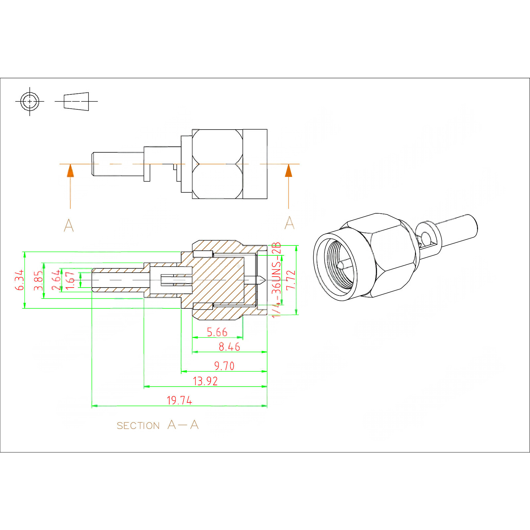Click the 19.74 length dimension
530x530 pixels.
tap(179, 400)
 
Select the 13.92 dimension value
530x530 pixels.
tap(205, 381)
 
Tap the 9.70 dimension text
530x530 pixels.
tap(224, 366)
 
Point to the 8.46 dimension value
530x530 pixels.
tap(229, 347)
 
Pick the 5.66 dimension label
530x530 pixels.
tap(217, 332)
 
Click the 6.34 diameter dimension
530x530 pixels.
tap(20, 280)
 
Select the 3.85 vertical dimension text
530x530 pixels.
tap(38, 281)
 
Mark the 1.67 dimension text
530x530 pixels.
tap(70, 280)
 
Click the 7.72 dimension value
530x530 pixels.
tap(291, 280)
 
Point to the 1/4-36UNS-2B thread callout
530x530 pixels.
tap(276, 280)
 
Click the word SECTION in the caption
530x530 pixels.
tap(138, 426)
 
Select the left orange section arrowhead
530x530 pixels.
tap(70, 171)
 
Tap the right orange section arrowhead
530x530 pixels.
tap(289, 171)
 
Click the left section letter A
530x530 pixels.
tap(69, 226)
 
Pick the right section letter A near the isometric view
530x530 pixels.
tap(289, 223)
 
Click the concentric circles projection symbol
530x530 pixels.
tap(30, 101)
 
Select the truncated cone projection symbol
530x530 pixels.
tap(77, 101)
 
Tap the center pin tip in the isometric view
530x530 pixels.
tap(341, 265)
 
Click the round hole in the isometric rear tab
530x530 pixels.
tap(426, 238)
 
